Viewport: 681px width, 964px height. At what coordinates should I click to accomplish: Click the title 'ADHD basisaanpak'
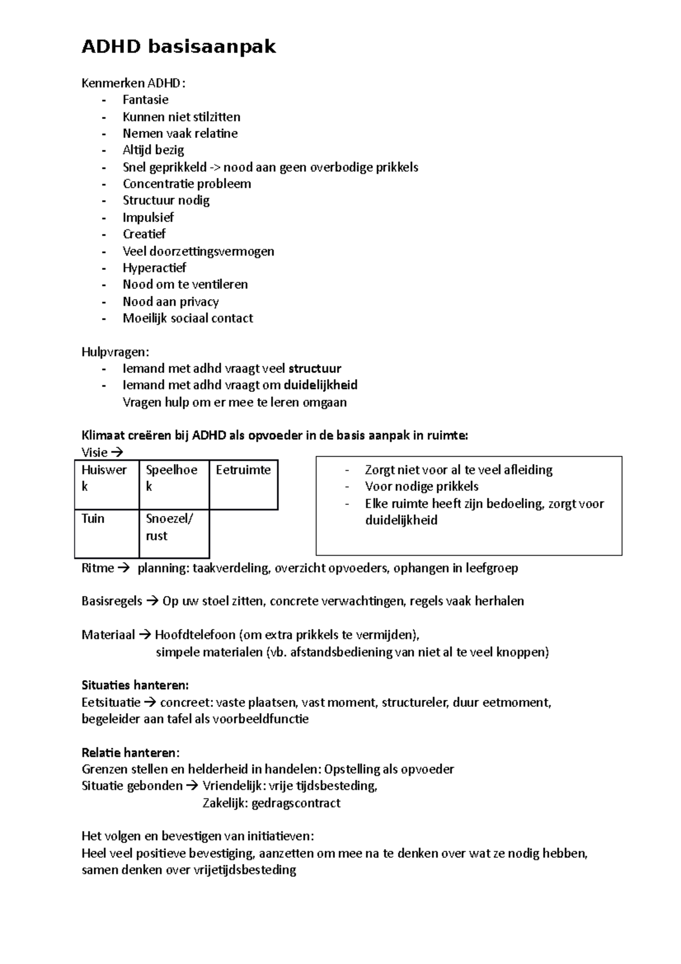click(179, 47)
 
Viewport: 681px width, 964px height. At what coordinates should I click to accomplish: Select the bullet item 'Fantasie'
click(145, 100)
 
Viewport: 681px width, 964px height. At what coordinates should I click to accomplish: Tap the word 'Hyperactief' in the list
click(154, 268)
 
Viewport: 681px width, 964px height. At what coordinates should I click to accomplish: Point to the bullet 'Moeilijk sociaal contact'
click(188, 318)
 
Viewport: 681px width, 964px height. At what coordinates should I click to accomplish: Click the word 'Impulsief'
click(148, 217)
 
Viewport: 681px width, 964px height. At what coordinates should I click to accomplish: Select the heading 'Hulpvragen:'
click(115, 352)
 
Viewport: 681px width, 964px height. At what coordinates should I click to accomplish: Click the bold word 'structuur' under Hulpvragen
click(315, 368)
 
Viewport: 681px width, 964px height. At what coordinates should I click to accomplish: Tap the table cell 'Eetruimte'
click(243, 471)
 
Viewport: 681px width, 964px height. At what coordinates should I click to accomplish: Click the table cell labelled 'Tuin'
click(93, 519)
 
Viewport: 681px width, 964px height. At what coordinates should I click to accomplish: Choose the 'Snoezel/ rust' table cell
click(169, 527)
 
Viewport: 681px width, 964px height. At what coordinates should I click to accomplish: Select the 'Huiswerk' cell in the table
click(104, 478)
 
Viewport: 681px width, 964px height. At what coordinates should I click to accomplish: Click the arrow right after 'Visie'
click(117, 453)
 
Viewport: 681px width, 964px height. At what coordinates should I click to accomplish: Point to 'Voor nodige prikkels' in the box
click(422, 487)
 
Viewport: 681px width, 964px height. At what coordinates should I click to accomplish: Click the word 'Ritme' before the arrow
click(98, 568)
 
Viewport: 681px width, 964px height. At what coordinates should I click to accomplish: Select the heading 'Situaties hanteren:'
click(135, 685)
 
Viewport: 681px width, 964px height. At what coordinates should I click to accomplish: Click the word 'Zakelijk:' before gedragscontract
click(225, 803)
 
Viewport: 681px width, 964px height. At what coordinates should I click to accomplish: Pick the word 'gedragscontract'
click(296, 803)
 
